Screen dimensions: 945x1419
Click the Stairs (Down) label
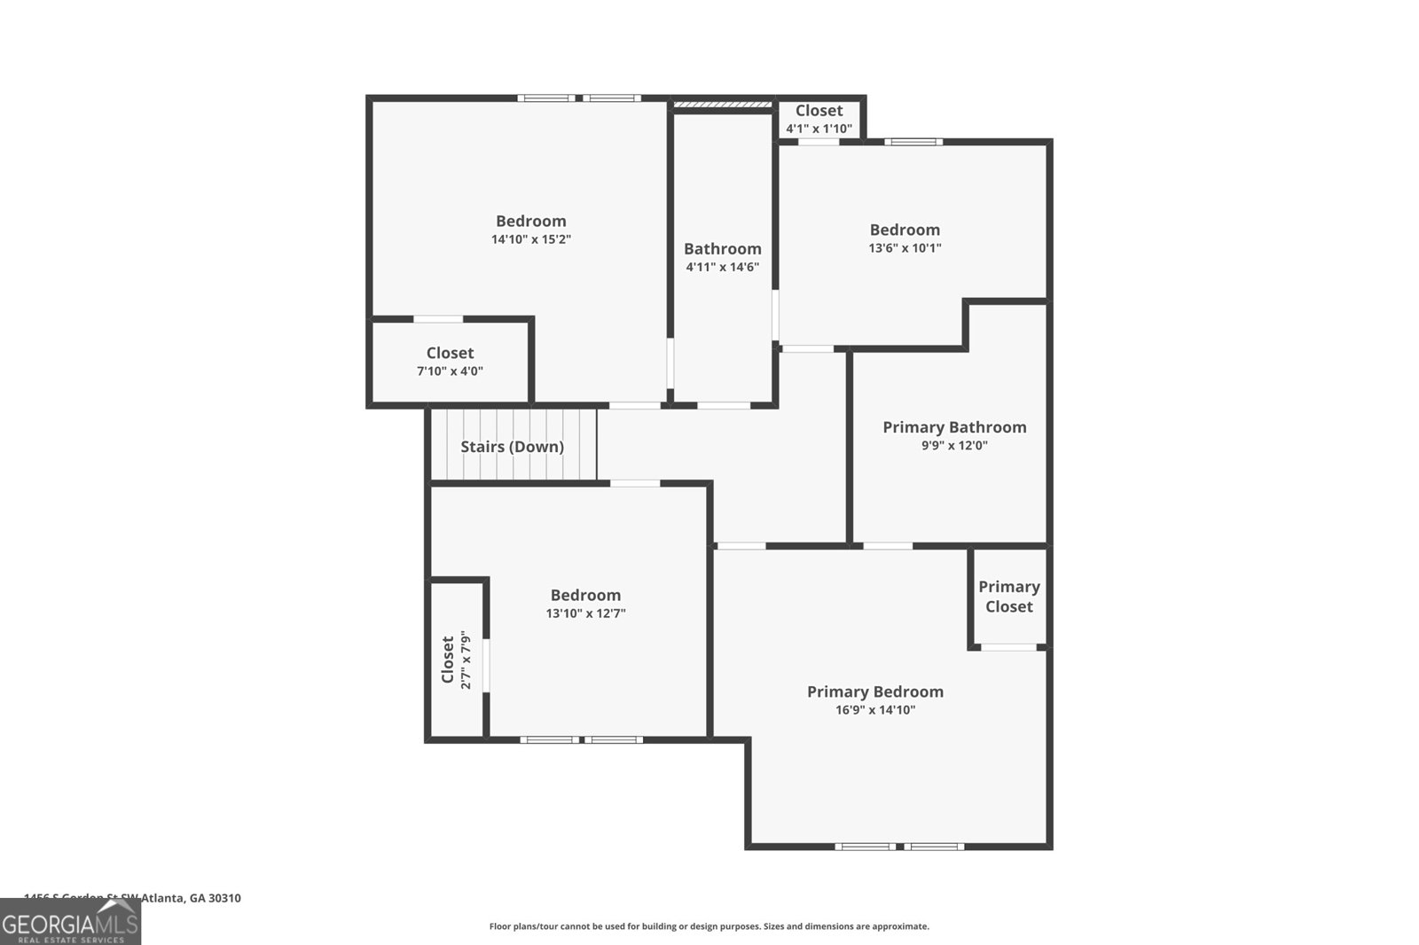[512, 447]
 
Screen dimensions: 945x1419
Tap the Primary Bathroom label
[954, 427]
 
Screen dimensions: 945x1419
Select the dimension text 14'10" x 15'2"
[530, 239]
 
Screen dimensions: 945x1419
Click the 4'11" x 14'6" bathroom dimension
[722, 267]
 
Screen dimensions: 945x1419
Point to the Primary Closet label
[1008, 597]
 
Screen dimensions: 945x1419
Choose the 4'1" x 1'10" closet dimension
[819, 129]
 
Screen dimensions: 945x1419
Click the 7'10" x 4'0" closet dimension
[450, 371]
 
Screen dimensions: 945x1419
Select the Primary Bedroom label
[874, 691]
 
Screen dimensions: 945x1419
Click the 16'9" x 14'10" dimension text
[874, 710]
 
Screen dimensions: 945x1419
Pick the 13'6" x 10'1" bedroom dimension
[905, 248]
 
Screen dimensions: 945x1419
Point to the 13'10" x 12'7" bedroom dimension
[585, 613]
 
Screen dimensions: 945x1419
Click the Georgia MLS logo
[70, 923]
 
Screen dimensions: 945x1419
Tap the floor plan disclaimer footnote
[709, 926]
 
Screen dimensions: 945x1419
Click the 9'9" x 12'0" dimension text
[954, 446]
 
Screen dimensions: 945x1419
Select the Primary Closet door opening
[1008, 647]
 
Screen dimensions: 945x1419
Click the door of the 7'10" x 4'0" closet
[438, 319]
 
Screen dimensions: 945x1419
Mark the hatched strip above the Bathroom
[722, 105]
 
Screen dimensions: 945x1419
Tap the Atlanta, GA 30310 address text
[133, 898]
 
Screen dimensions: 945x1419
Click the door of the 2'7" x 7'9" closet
[486, 665]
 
